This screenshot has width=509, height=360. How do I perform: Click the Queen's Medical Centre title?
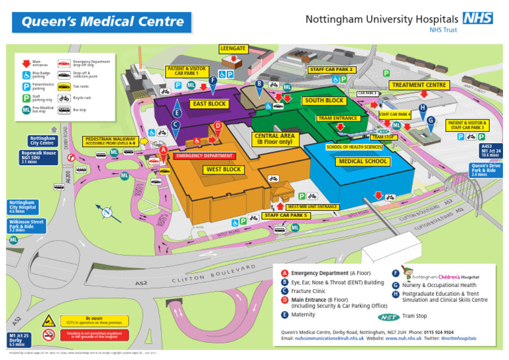(103, 22)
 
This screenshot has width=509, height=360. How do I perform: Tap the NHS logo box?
(477, 18)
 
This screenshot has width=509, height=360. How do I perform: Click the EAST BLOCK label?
(209, 103)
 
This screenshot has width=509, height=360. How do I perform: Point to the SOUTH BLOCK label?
(324, 100)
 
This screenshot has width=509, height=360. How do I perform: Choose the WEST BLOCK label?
(223, 169)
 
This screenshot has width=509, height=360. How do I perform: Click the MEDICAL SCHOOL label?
(363, 161)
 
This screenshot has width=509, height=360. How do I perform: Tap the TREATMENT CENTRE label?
(420, 85)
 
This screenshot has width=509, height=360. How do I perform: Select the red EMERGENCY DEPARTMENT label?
(204, 156)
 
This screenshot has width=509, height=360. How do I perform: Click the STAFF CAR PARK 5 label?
(286, 215)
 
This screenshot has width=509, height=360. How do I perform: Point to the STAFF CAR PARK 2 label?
(332, 69)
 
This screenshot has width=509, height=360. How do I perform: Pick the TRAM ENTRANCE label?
(338, 118)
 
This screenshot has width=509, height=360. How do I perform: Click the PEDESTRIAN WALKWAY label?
(111, 141)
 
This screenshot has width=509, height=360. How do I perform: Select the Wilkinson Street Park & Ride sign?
(27, 225)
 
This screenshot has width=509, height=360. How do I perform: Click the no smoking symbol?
(48, 335)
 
